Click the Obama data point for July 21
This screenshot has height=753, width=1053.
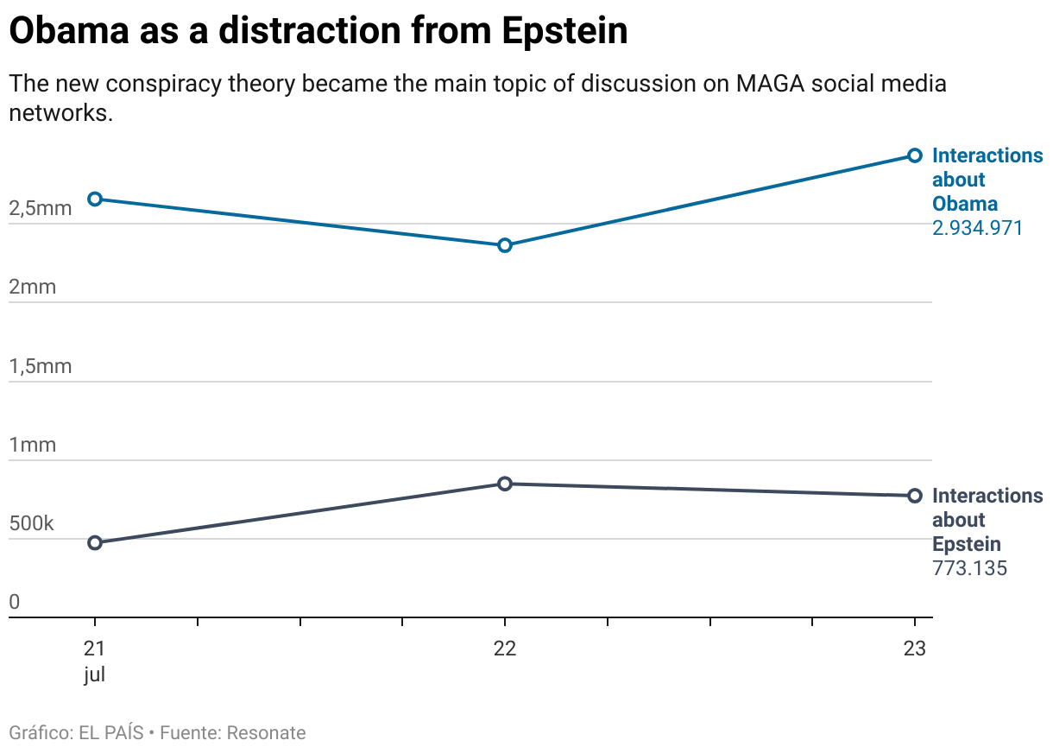pyautogui.click(x=95, y=199)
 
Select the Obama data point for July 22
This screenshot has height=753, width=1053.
pyautogui.click(x=505, y=245)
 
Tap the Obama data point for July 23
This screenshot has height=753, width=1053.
pyautogui.click(x=915, y=155)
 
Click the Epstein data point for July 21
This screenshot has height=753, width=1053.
pyautogui.click(x=95, y=542)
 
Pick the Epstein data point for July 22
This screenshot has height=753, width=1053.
pyautogui.click(x=505, y=484)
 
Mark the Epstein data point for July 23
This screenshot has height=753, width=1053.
pyautogui.click(x=915, y=496)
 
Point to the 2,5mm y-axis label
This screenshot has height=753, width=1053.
pyautogui.click(x=41, y=208)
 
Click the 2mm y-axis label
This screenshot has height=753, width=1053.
pyautogui.click(x=32, y=287)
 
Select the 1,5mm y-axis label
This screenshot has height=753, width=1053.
pyautogui.click(x=41, y=366)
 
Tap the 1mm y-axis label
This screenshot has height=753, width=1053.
pyautogui.click(x=32, y=445)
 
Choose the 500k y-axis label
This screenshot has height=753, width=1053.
pyautogui.click(x=32, y=523)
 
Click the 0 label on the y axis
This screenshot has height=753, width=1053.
pyautogui.click(x=14, y=602)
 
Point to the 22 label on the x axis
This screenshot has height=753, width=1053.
pyautogui.click(x=505, y=649)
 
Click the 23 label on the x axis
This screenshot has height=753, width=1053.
pyautogui.click(x=915, y=649)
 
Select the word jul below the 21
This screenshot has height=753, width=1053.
pyautogui.click(x=95, y=674)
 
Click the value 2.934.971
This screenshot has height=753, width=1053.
pyautogui.click(x=977, y=228)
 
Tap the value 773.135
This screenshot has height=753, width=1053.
pyautogui.click(x=969, y=568)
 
